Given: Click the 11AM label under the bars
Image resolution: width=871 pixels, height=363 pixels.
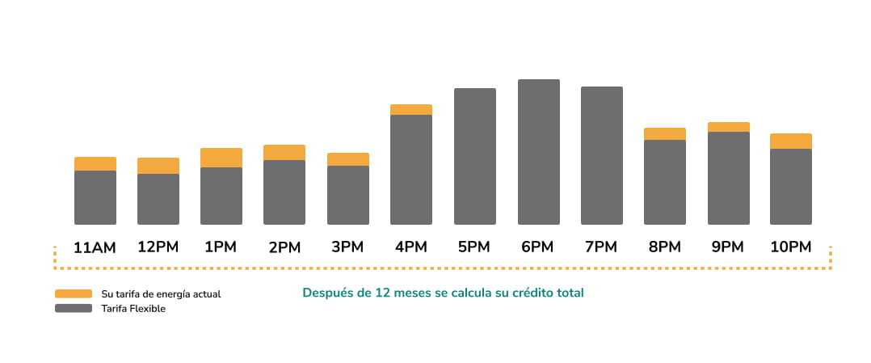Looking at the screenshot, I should click(x=95, y=247).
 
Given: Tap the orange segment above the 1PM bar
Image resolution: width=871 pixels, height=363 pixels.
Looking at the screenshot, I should click(x=221, y=158).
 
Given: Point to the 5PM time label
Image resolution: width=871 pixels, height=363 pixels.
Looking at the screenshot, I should click(x=474, y=247).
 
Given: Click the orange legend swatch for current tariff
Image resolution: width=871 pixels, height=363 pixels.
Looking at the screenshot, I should click(x=74, y=293).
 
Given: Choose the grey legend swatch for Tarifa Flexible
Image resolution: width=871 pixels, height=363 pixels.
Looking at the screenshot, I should click(x=74, y=308).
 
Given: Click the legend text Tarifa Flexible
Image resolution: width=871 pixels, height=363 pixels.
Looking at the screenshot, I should click(x=133, y=309).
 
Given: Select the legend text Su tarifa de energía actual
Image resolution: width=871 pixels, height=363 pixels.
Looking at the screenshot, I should click(x=161, y=294).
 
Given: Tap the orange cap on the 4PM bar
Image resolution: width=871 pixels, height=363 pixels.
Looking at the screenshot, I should click(x=411, y=109).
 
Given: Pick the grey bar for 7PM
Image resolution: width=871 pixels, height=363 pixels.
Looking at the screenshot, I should click(x=602, y=155).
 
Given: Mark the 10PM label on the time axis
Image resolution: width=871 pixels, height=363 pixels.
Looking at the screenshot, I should click(x=790, y=247).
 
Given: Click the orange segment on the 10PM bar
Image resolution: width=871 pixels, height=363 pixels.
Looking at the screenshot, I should click(x=791, y=141).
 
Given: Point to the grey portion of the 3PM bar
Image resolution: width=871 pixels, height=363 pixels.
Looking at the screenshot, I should click(x=348, y=195).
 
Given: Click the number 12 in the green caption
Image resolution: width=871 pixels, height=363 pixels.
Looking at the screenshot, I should click(x=383, y=293).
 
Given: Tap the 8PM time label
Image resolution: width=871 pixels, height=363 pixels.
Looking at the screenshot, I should click(x=664, y=247).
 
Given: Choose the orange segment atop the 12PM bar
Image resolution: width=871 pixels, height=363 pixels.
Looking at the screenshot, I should click(x=158, y=166).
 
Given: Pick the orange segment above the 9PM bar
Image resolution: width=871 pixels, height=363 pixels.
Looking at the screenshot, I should click(x=728, y=127).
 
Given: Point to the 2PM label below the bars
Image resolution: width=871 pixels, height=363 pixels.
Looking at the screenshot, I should click(x=284, y=247).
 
